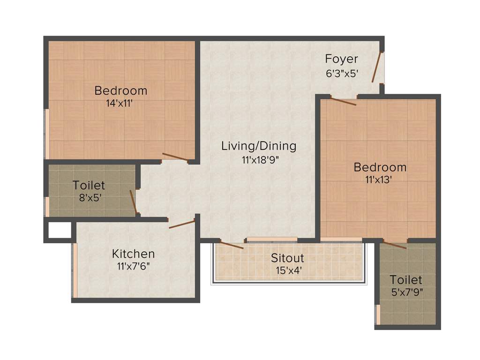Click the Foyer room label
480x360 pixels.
341,59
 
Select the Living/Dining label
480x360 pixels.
259,146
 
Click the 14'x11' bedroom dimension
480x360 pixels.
120,103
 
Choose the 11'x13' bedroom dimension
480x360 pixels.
380,180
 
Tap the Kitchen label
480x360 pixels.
133,254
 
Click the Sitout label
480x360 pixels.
287,258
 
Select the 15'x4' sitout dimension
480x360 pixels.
288,270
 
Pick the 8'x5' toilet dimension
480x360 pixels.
89,197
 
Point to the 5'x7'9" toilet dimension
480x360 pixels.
406,293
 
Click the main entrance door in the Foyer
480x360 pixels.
376,67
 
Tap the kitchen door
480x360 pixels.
181,224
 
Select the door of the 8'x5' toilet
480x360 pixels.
133,202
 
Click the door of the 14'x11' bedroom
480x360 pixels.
175,157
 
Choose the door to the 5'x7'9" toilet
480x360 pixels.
394,244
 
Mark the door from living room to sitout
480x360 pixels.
232,244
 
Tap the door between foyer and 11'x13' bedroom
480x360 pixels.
343,101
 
